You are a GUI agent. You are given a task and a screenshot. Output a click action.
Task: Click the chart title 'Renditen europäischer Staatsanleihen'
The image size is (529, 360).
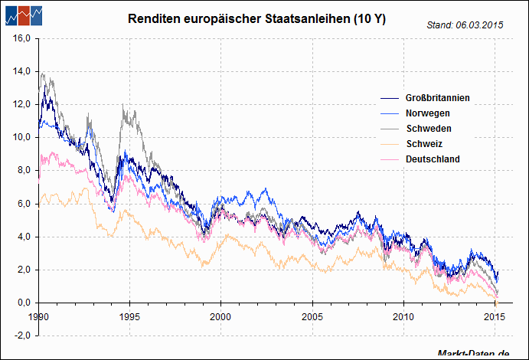tap(257, 18)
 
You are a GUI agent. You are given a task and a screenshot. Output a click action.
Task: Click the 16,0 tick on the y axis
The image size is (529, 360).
tap(21, 38)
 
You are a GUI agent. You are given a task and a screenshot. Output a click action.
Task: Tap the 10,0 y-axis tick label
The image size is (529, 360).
tap(21, 137)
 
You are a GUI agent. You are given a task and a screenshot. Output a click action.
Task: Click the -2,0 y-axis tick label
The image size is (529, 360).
tap(21, 335)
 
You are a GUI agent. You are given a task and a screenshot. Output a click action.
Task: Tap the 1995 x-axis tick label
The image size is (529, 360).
tap(129, 316)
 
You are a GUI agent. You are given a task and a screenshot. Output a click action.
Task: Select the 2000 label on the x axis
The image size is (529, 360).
tap(220, 316)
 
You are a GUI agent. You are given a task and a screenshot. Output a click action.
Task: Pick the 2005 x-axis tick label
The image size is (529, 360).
tap(312, 316)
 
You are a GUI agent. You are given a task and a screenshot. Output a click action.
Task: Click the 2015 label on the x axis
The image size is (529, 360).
tap(495, 316)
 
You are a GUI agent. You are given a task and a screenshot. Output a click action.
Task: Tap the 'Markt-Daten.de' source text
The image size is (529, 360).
tap(474, 354)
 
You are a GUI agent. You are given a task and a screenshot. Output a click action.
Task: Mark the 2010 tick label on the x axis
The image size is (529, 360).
tap(403, 316)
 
